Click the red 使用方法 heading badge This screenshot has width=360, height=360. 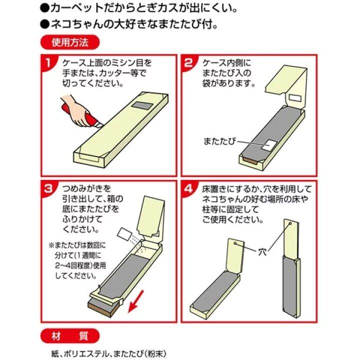coord(70,42)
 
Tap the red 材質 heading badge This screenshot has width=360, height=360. coord(70,336)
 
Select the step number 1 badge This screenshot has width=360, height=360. coord(48,62)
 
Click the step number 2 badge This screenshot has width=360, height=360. coord(188,62)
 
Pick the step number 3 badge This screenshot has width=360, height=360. coord(48,189)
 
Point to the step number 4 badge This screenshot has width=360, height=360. coord(188,189)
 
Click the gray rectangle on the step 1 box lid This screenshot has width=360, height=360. coord(142,105)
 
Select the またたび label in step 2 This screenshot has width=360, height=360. coord(219,141)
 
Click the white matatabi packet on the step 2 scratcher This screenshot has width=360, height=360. coord(269,145)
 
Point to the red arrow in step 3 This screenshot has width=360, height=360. coord(136,301)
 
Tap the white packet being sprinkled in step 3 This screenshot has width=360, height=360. coord(124,234)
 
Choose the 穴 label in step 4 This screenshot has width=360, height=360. coord(262,252)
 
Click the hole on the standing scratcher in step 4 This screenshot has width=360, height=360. coord(290,223)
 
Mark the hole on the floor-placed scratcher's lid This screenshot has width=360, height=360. coord(235,243)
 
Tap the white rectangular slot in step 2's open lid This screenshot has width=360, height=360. coord(295,98)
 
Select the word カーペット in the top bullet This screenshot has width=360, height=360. coord(77,8)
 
